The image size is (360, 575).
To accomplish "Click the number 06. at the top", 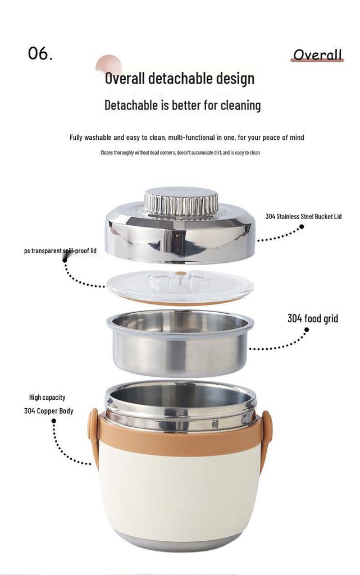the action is coord(40,53).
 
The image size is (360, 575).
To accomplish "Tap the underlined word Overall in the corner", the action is coord(317,54).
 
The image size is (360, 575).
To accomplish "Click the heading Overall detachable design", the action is coord(180,79).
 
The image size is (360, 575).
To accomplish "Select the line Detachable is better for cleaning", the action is coord(183,105).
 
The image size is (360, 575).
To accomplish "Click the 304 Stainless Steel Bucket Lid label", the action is coord(303,216).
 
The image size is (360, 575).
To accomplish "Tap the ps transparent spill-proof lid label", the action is coord(61,251).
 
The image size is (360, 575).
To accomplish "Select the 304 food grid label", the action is coord(313,318).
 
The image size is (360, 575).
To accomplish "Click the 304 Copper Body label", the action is coord(49,411).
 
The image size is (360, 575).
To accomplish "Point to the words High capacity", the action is coord(47,397).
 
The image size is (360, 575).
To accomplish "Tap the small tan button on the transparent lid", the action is coord(180,273).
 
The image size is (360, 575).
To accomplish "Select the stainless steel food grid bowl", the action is coord(180,343).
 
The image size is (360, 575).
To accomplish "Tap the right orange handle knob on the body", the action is coord(267,427).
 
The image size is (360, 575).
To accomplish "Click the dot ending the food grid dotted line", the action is coord(307,330).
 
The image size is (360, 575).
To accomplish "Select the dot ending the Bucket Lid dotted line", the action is coord(302,227).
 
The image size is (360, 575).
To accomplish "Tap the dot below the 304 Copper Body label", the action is coord(54,421).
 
